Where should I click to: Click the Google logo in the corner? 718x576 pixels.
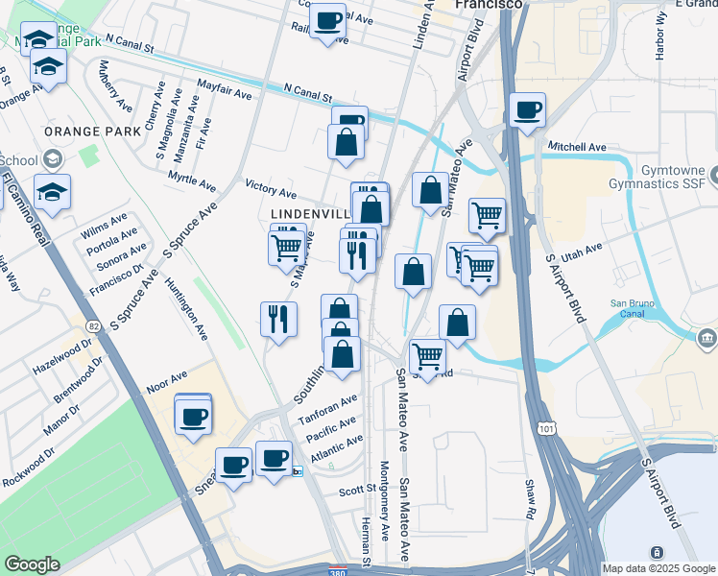[x=31, y=564]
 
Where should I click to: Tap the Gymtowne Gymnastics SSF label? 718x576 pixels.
[x=663, y=176]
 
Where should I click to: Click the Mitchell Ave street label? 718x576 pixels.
[x=577, y=147]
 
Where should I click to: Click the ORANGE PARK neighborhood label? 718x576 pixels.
[x=79, y=130]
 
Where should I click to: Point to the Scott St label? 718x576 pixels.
[x=356, y=490]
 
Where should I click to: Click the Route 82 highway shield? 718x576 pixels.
[x=92, y=327]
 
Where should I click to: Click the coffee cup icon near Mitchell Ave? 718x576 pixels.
[x=527, y=109]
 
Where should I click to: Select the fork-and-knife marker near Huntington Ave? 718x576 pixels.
[x=278, y=318]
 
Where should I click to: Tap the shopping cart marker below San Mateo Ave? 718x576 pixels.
[x=427, y=356]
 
